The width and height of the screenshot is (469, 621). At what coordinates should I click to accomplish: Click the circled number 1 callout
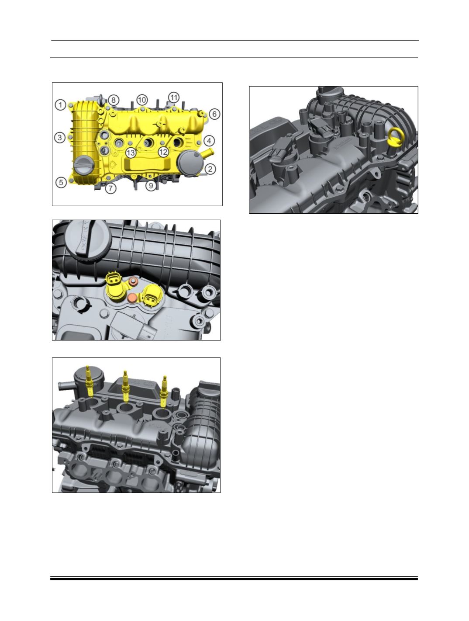click(60, 105)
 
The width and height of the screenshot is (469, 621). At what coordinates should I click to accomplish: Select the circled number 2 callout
click(210, 169)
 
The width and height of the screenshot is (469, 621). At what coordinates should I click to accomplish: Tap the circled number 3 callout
click(60, 138)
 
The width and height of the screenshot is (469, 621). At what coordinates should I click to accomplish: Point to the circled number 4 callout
click(209, 141)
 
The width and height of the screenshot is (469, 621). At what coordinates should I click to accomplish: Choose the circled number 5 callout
click(61, 182)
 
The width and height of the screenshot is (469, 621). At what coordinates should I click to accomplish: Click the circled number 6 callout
click(214, 114)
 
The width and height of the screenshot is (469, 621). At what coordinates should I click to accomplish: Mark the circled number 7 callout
click(110, 188)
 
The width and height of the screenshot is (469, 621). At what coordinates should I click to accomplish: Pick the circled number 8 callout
click(114, 100)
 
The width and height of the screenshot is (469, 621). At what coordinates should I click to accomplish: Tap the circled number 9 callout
click(151, 186)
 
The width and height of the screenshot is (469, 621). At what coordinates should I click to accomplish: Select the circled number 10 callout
click(142, 100)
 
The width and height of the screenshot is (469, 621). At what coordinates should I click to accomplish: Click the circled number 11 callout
click(173, 97)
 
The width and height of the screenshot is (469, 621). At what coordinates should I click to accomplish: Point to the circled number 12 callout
click(163, 152)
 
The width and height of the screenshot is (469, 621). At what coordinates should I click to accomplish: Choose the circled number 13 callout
click(131, 153)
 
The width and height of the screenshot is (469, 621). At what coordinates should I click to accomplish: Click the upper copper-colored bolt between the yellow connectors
click(132, 282)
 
